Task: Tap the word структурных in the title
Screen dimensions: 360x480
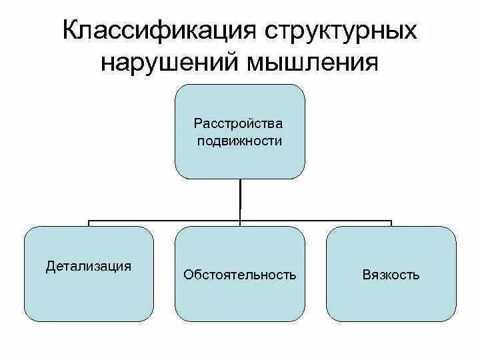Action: coord(339,32)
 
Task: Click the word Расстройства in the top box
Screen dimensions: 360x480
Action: coord(239,123)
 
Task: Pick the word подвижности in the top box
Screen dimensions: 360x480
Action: coord(239,141)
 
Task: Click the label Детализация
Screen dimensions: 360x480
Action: coord(88,266)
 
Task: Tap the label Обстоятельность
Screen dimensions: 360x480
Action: coord(239,275)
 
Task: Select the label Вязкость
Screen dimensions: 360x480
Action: coord(391,275)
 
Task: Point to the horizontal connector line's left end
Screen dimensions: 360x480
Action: coord(89,220)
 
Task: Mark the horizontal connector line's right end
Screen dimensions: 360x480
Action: coord(391,220)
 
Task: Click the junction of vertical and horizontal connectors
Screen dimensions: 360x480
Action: coord(240,219)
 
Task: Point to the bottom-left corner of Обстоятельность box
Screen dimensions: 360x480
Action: coord(180,317)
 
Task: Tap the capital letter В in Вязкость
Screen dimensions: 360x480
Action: coord(366,275)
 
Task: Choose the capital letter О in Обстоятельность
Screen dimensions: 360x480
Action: coord(187,275)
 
